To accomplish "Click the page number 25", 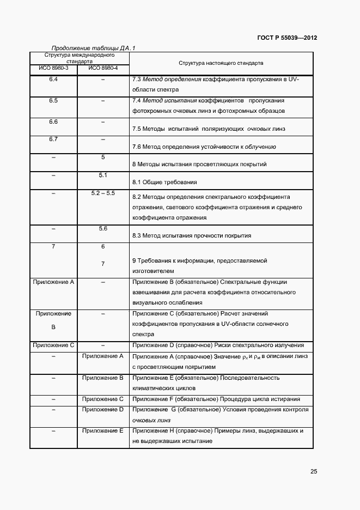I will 313,472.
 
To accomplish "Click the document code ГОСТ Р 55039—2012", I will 287,38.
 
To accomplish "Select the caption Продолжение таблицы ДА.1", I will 93,48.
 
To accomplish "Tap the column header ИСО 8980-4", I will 102,68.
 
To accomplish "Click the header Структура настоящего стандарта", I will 221,63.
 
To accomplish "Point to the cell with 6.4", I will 53,80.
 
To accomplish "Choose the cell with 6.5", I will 53,101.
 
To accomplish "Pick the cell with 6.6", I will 53,122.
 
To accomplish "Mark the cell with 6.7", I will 53,139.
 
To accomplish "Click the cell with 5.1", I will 102,175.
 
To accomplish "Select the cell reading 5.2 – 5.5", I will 102,193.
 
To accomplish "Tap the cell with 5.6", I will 102,228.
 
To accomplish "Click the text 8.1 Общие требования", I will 164,182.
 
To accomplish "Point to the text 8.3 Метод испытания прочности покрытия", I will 192,235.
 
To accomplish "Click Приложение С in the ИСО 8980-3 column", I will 53,345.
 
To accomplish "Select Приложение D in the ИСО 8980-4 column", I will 102,409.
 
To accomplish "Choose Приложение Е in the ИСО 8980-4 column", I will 102,430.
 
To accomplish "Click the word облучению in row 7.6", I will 260,147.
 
